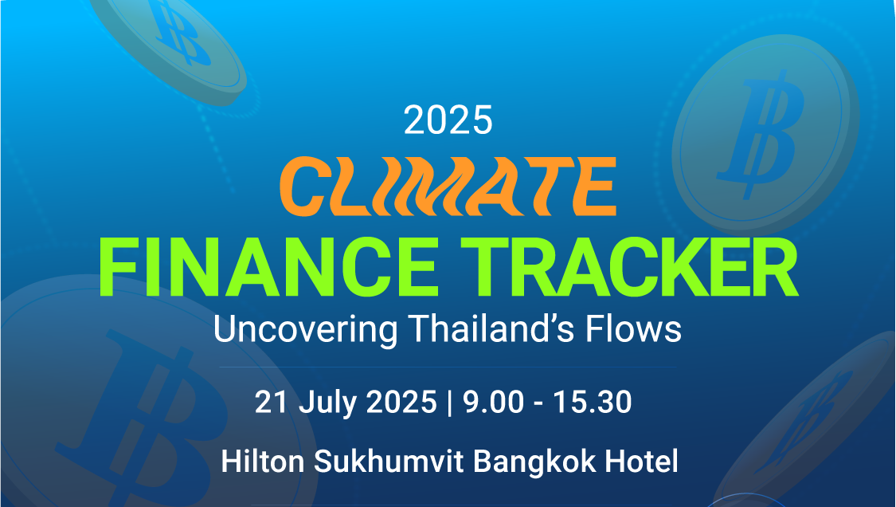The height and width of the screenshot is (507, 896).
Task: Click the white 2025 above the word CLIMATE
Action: [x=448, y=120]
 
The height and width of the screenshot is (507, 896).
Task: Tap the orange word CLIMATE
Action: [x=448, y=186]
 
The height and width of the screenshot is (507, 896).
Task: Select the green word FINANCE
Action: [x=269, y=267]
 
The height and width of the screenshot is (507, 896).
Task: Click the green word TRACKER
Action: [x=629, y=267]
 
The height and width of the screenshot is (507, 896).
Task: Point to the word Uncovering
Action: [x=306, y=329]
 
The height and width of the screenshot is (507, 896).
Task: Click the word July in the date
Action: [x=327, y=403]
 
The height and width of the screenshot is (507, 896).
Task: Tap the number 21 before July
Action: [x=271, y=402]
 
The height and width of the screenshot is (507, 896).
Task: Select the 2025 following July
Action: [x=401, y=402]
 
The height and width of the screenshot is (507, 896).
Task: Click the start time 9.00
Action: [x=493, y=402]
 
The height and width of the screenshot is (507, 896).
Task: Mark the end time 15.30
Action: [x=593, y=402]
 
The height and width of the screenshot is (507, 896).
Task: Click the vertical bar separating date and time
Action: [x=450, y=403]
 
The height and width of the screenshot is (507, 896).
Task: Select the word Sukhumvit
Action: [x=389, y=462]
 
